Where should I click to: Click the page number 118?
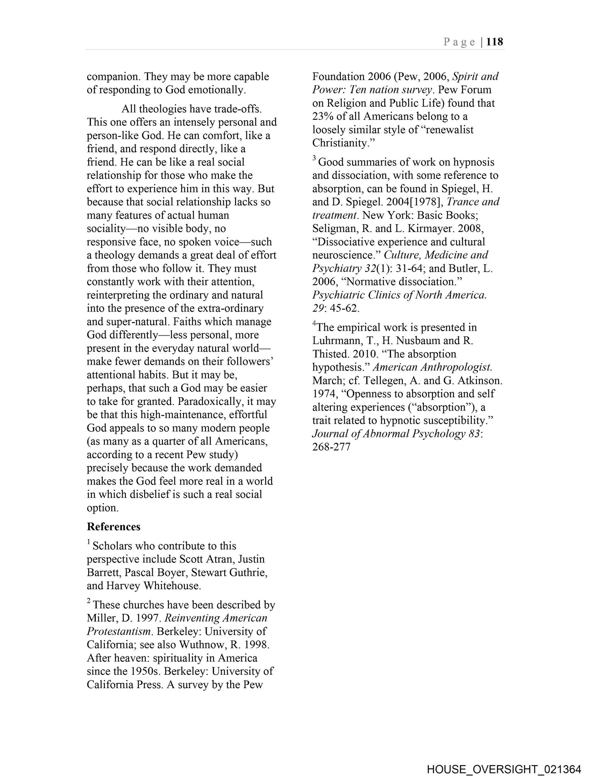[x=495, y=42]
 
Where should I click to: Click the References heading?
[x=114, y=527]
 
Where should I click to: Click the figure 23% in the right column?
[x=323, y=116]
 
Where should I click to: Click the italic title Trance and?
[x=473, y=202]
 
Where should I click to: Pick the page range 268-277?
[x=331, y=447]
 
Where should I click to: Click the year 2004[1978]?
[x=411, y=202]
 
